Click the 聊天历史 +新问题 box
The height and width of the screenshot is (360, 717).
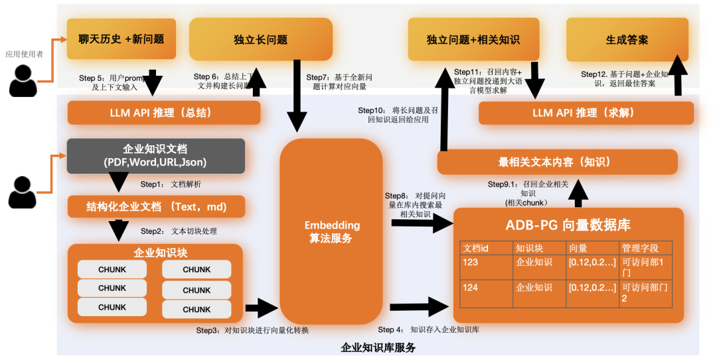click(121, 39)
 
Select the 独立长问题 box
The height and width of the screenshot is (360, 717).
click(260, 40)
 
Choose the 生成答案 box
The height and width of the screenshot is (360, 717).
click(627, 40)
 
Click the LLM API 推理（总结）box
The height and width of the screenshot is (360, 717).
click(163, 113)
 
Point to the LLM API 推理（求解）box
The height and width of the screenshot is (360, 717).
click(586, 113)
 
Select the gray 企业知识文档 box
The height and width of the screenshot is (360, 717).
click(155, 156)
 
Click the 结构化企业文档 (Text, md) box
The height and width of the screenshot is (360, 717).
click(157, 207)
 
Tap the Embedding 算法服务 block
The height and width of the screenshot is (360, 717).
click(331, 232)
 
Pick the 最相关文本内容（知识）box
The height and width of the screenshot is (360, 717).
click(557, 162)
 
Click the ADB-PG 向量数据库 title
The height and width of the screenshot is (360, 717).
click(568, 225)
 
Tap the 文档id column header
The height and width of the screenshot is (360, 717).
click(486, 248)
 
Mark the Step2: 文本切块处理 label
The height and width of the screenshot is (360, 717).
click(179, 231)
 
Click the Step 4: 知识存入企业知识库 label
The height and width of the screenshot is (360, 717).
click(428, 329)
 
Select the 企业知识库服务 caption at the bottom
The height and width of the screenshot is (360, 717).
click(378, 347)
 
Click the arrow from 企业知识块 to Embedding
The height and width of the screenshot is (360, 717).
click(261, 308)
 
